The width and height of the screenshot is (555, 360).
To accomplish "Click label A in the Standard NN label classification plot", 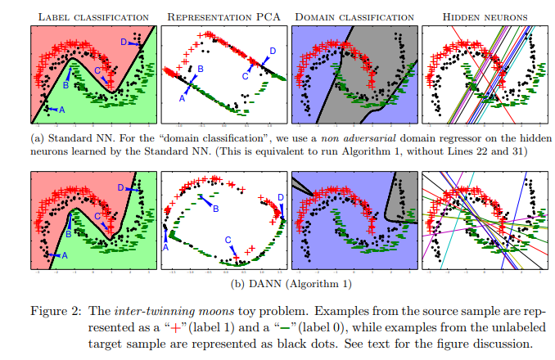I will tap(61, 109).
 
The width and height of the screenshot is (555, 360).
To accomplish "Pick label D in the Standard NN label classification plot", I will tap(124, 41).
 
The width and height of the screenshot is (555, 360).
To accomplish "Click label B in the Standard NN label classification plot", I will tap(66, 84).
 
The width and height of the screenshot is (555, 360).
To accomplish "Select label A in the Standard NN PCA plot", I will tap(182, 98).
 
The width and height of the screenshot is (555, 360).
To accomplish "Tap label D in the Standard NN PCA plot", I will tap(272, 51).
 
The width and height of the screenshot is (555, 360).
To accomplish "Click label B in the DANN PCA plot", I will tap(216, 209).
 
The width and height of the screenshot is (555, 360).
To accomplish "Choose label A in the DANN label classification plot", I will tap(64, 255).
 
